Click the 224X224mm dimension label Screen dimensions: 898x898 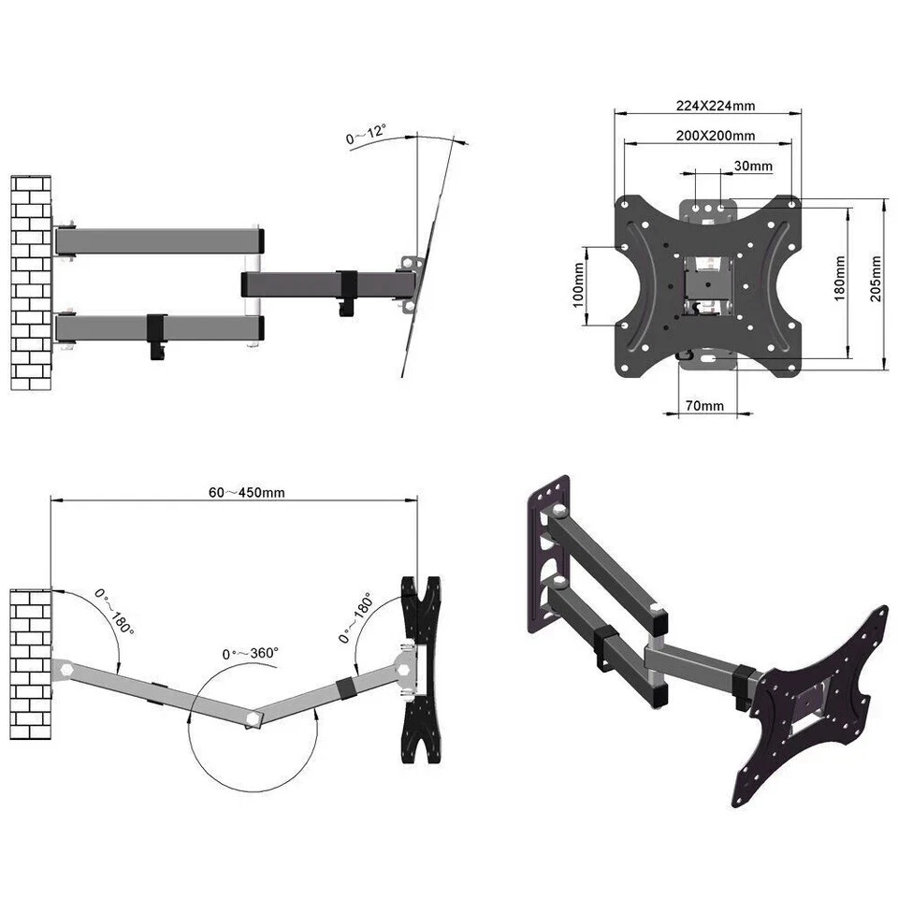pos(707,106)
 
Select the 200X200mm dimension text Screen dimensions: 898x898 pos(715,136)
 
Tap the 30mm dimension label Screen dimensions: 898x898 pos(753,167)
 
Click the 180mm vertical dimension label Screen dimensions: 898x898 pos(839,278)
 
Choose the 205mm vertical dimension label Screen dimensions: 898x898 pos(876,278)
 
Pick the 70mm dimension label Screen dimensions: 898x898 pos(704,406)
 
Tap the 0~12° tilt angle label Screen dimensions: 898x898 pos(366,135)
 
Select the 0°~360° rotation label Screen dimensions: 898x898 pos(250,654)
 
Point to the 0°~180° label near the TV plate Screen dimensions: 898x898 pos(355,617)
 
